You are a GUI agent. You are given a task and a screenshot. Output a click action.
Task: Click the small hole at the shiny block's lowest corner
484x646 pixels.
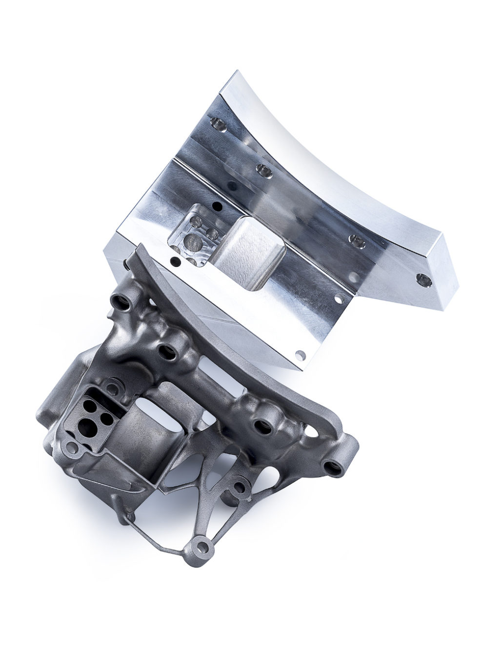(301, 354)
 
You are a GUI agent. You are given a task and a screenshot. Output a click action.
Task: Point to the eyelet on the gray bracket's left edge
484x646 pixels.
(71, 446)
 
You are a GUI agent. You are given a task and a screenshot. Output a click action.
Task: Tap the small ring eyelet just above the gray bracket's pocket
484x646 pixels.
(112, 388)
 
